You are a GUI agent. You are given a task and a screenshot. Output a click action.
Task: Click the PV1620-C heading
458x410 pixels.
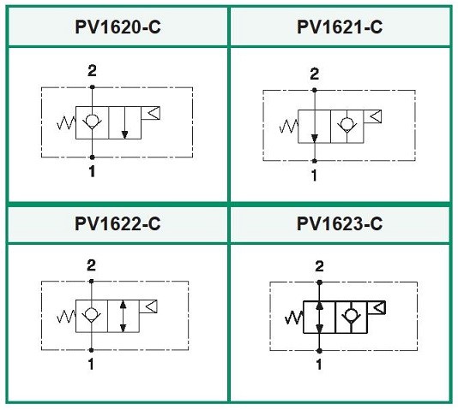coord(118,27)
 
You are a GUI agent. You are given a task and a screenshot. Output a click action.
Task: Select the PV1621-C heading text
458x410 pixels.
coord(340,27)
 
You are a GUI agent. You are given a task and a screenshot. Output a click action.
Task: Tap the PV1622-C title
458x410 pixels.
coord(118,223)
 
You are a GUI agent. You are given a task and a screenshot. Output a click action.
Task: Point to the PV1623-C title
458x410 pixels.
coord(340,223)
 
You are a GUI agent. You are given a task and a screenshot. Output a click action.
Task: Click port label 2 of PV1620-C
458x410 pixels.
coord(92,71)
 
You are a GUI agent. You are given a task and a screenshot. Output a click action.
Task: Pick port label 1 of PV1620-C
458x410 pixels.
coord(92,171)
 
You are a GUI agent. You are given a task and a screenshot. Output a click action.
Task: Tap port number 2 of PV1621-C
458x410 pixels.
coord(314,74)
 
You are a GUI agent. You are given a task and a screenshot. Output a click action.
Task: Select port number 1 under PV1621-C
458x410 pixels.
coord(314,175)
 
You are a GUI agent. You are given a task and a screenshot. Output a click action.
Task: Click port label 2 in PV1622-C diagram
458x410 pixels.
coord(92,265)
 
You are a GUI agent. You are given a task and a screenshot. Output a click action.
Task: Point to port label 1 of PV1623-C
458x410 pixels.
coord(319,365)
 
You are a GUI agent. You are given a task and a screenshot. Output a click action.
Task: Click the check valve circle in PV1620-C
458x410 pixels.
coord(92,120)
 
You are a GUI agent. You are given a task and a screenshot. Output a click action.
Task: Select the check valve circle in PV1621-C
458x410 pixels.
coord(347,123)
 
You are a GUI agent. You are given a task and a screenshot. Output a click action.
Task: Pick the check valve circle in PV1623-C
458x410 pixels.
coord(351,315)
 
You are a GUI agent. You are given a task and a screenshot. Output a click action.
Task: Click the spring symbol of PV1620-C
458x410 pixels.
coord(66,122)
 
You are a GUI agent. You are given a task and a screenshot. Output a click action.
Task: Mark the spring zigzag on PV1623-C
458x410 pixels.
coord(294,318)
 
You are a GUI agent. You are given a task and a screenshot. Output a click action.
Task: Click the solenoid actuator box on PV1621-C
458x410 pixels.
coord(372,116)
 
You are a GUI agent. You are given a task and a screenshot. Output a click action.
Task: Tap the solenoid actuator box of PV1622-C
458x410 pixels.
coord(148,306)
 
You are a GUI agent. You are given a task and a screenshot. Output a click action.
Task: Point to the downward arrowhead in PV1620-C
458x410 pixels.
coord(124,135)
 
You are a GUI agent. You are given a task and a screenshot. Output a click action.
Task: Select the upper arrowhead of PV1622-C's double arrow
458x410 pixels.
coord(123,305)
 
